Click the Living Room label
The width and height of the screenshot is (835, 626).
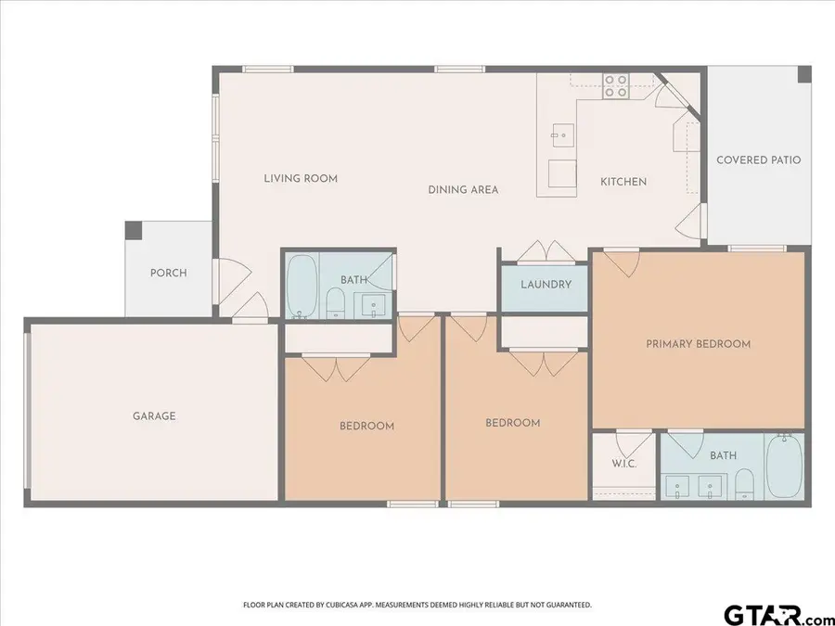coord(301,178)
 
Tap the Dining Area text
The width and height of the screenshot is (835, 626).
coord(463,189)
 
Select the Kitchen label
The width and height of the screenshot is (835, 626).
coord(623,182)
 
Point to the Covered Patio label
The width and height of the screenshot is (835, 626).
coord(758,160)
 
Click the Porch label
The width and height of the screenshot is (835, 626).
coord(169,273)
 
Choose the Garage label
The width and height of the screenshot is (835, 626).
coord(154,416)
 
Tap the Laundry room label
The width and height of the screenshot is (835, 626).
coord(546,285)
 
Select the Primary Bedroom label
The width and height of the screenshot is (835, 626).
coord(698,344)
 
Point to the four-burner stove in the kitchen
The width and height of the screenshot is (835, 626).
coord(615,86)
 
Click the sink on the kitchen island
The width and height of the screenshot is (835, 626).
coord(560,135)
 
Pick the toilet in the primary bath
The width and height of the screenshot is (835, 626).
coord(743,483)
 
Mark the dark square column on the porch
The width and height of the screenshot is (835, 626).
coord(134,230)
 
